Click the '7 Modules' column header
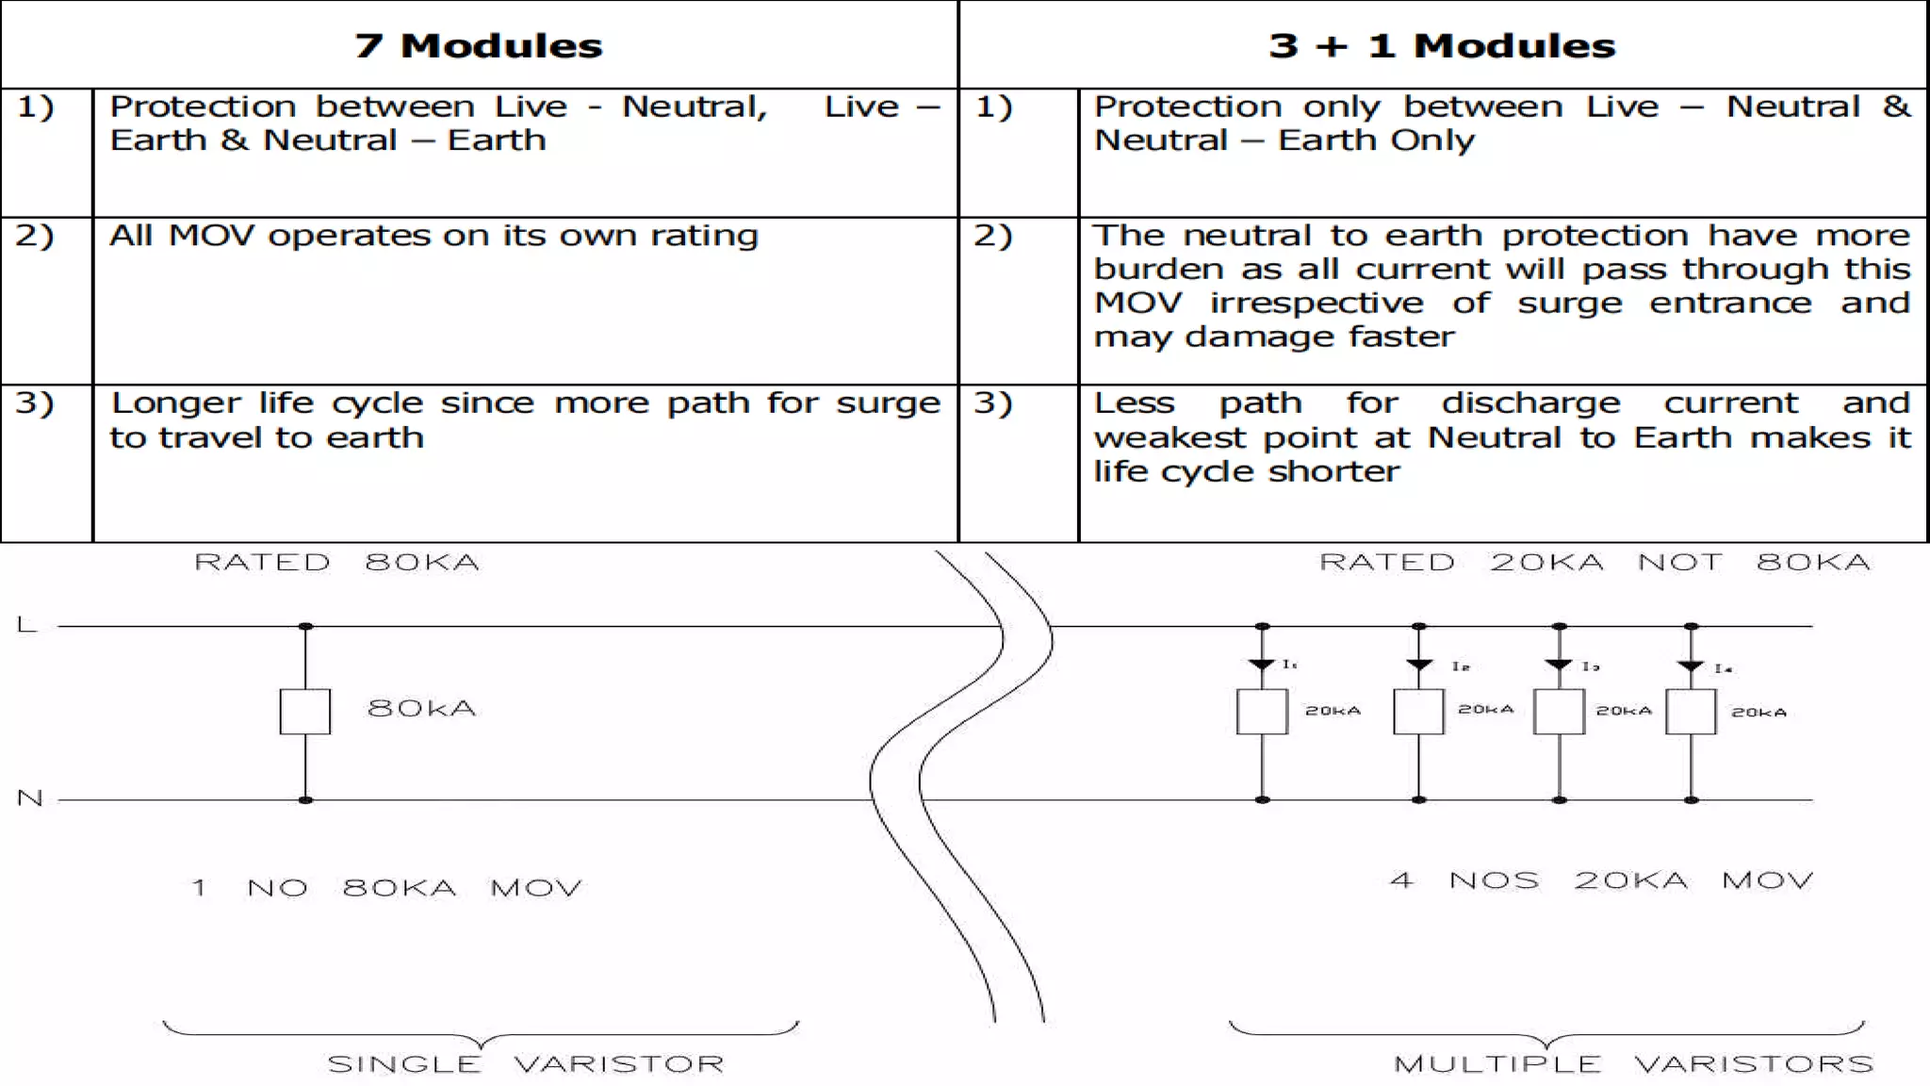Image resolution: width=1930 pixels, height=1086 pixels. click(478, 45)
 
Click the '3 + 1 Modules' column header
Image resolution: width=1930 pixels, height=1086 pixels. click(1442, 45)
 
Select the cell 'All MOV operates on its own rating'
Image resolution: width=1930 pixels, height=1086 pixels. click(433, 236)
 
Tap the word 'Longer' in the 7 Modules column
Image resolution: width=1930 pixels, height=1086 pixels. click(175, 403)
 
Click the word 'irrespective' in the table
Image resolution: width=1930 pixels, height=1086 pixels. click(1317, 304)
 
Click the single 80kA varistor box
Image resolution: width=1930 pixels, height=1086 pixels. click(305, 711)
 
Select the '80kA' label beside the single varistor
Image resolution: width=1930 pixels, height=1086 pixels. click(421, 708)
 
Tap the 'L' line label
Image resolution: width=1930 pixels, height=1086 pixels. click(26, 624)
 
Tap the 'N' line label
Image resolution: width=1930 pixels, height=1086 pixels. click(30, 798)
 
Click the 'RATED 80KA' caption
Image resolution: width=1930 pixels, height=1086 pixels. click(336, 563)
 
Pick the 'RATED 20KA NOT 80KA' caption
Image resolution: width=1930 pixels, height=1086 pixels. click(1594, 563)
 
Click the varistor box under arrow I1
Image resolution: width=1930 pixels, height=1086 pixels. click(1262, 712)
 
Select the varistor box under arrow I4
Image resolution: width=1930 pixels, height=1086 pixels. click(1691, 712)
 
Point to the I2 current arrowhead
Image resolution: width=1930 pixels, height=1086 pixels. click(1418, 665)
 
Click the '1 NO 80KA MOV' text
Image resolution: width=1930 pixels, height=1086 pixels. click(386, 888)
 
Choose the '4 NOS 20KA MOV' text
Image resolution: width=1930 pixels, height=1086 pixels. click(1601, 880)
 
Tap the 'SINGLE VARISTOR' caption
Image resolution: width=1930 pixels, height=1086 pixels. click(525, 1064)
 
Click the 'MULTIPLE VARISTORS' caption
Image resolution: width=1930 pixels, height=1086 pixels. click(1633, 1064)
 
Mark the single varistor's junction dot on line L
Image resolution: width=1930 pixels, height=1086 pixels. click(305, 626)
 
